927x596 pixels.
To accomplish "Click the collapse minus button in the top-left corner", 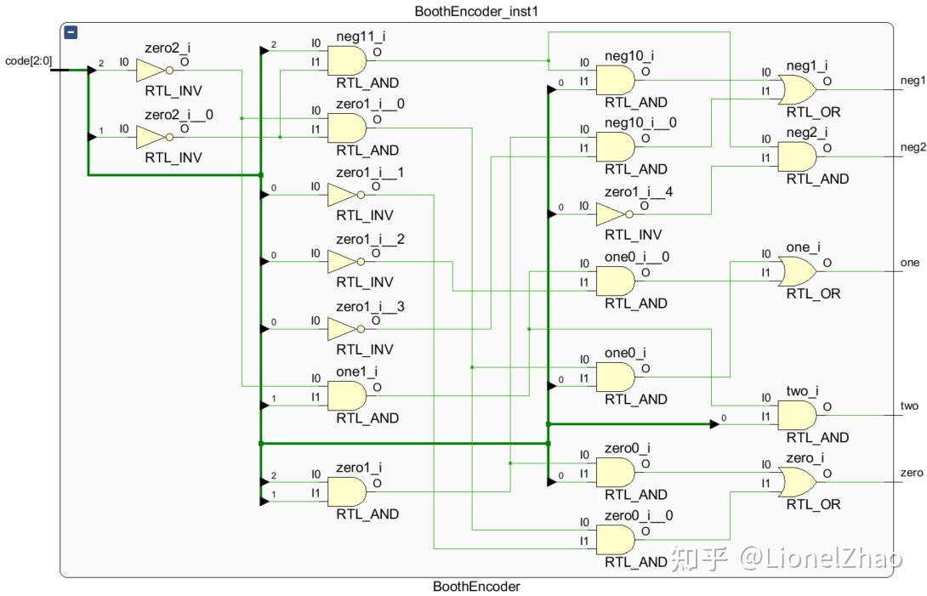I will tap(71, 32).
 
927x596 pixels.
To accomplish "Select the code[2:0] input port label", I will tap(28, 60).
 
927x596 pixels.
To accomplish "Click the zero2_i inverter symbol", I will tap(152, 71).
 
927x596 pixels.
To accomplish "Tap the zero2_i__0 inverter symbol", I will tap(152, 138).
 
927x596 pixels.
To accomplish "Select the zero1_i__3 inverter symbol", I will tap(344, 330).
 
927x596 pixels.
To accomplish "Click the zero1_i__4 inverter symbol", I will tap(613, 214).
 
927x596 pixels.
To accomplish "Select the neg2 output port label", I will tap(913, 147).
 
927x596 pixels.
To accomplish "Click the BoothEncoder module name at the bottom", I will tap(475, 587).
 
